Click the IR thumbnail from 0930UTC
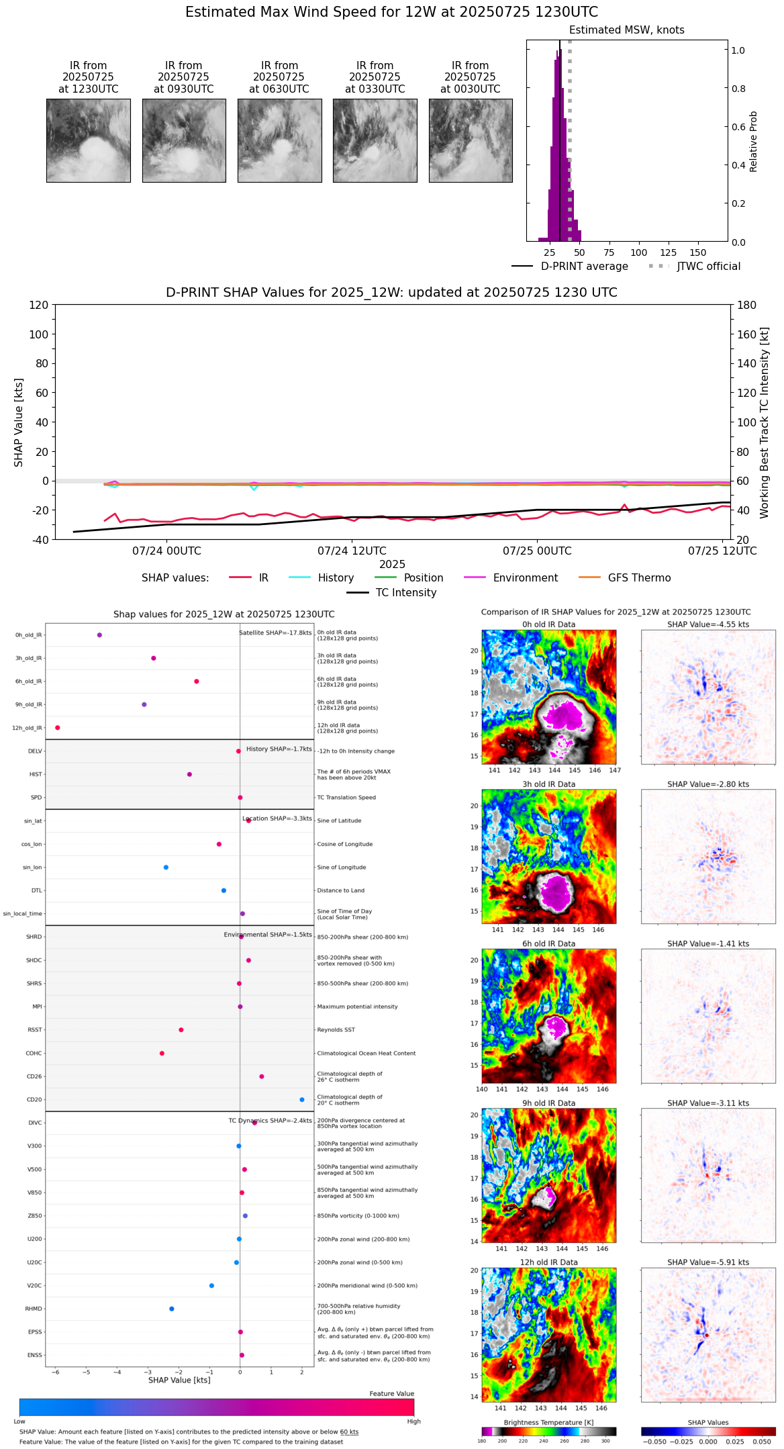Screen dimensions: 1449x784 pos(184,140)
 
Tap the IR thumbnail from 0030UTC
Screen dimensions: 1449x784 pos(471,140)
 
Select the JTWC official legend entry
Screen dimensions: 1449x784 pos(708,267)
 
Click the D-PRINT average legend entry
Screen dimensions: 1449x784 pos(584,267)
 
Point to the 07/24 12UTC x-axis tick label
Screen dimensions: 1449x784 pos(352,551)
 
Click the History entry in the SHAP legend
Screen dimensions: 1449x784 pos(336,578)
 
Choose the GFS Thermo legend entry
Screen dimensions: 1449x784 pos(639,578)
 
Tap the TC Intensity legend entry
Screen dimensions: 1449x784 pos(405,593)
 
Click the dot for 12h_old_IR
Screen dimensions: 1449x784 pos(58,728)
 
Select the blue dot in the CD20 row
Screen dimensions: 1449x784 pos(302,1100)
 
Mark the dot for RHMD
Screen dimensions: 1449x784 pos(172,1309)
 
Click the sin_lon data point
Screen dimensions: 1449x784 pos(166,868)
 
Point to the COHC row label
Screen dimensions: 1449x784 pos(34,1054)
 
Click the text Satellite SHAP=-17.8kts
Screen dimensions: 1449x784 pos(275,633)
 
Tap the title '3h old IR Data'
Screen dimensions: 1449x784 pos(548,784)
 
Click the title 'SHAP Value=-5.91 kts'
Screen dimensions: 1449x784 pos(708,1262)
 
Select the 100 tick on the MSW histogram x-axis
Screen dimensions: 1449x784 pos(639,253)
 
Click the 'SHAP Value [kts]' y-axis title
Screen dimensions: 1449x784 pos(19,422)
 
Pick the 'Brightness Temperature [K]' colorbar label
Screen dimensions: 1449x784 pos(548,1422)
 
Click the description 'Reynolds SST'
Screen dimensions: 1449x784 pos(336,1030)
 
